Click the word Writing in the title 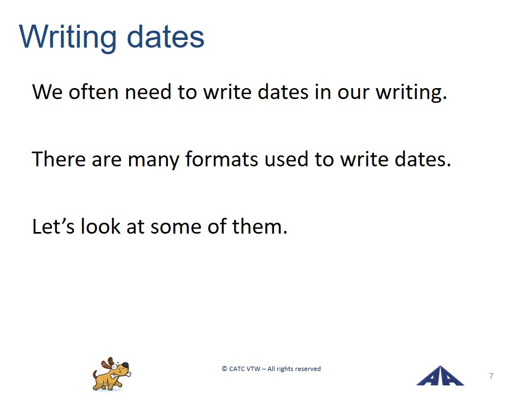pos(68,38)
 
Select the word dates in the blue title pos(166,37)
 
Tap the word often pos(94,91)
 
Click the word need pos(148,91)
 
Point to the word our pos(353,93)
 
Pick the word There pos(59,159)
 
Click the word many pos(153,160)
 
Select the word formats pos(221,159)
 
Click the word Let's pos(53,226)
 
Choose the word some pos(176,228)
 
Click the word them pos(260,226)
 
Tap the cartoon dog pos(112,374)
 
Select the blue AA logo pos(440,376)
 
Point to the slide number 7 pos(491,376)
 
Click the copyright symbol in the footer pos(224,368)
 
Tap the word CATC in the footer pos(237,368)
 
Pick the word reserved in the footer pos(308,369)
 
